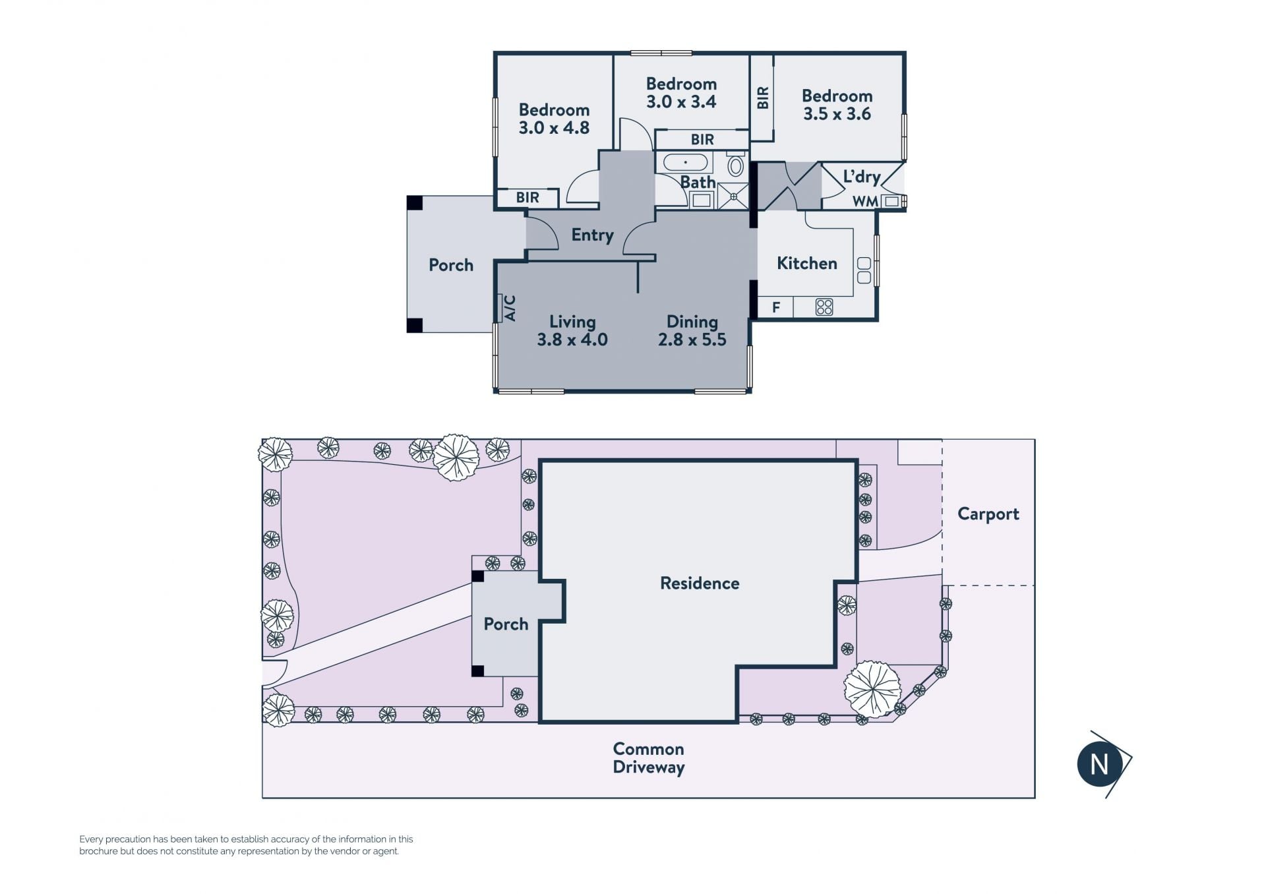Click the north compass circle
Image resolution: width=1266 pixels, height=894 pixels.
pos(1099,764)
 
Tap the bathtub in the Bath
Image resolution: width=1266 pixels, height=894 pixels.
pos(685,162)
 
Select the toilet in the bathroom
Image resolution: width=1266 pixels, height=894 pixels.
pos(735,164)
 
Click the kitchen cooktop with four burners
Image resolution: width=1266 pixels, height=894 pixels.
pos(824,307)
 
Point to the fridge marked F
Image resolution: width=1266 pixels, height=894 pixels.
pos(776,307)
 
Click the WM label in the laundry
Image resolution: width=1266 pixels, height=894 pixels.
pos(864,201)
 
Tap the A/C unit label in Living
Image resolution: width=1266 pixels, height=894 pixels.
pos(510,308)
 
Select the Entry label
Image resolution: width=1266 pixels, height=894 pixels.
pos(592,235)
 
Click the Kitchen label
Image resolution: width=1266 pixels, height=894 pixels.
pos(807,263)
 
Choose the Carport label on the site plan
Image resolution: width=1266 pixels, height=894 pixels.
pos(988,514)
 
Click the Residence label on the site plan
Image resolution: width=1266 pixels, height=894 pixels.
pos(700,583)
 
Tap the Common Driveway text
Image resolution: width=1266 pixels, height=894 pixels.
pos(649,758)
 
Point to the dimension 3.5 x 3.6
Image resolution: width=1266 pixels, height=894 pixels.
pos(837,114)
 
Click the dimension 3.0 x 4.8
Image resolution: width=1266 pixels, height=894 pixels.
pos(554,128)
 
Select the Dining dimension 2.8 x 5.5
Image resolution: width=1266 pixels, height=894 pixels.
pos(692,340)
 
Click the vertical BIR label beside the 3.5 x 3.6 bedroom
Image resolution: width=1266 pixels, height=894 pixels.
pos(763,98)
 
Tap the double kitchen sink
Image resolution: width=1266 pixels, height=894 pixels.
pos(864,270)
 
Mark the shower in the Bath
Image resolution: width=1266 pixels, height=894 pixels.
pos(733,196)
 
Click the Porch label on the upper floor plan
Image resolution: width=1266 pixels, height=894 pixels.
pos(451,265)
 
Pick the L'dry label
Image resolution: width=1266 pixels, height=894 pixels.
pos(862,177)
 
